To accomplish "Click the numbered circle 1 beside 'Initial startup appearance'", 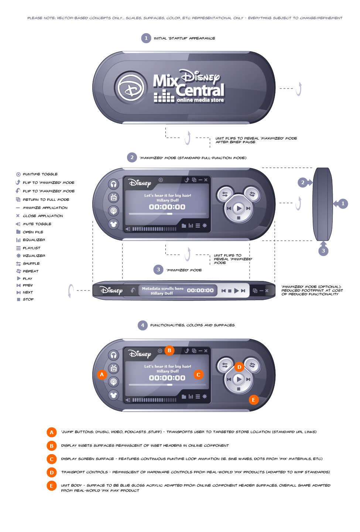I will click(146, 38).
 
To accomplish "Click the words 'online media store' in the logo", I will click(200, 100).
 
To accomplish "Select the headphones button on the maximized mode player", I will click(113, 184).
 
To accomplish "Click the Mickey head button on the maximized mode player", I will click(113, 224).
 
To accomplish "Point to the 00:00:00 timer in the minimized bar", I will click(200, 291).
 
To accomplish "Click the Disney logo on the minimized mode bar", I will click(111, 291).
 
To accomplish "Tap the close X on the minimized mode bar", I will click(267, 291).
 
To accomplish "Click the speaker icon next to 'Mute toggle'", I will click(18, 224).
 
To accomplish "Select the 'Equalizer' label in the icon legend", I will click(34, 240).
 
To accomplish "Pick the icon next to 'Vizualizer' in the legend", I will click(18, 255).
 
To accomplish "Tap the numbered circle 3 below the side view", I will click(323, 251).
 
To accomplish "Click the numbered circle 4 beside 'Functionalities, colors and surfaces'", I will click(143, 325).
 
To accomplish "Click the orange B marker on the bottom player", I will click(169, 350).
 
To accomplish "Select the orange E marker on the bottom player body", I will click(253, 400).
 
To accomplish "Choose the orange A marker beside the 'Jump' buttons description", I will click(51, 432).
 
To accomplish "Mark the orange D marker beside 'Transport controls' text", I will click(51, 473).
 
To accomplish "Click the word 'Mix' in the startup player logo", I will click(165, 81).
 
